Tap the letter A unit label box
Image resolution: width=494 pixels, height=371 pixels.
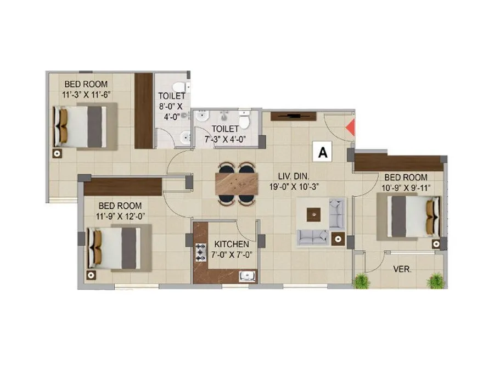[323, 152]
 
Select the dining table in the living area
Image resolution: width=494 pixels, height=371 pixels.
[237, 182]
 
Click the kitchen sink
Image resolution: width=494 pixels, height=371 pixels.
[246, 276]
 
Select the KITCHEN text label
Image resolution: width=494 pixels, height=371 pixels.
[232, 244]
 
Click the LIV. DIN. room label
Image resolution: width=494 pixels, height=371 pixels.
[293, 176]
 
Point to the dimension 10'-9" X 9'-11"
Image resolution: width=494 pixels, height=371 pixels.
[407, 187]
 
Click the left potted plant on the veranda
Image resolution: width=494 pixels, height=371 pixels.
[362, 281]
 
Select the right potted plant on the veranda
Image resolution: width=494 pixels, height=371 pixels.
[435, 281]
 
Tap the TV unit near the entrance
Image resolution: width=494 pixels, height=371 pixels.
[294, 116]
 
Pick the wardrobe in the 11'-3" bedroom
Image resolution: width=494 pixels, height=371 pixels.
[144, 110]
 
